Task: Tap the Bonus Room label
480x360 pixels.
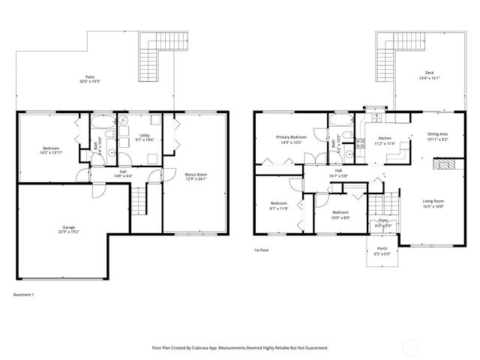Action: tap(196, 174)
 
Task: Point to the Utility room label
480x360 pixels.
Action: tap(145, 135)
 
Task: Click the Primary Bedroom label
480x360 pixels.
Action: tap(290, 137)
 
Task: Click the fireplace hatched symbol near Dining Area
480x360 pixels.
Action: tap(445, 164)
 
